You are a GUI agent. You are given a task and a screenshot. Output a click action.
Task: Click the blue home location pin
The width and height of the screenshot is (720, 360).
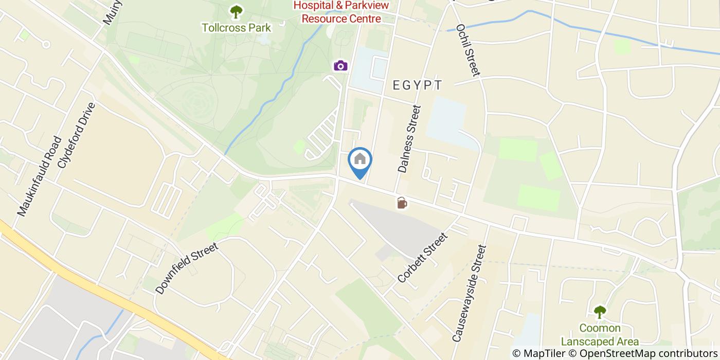pyautogui.click(x=360, y=160)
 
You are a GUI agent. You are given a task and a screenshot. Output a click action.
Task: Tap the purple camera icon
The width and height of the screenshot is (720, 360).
pyautogui.click(x=340, y=65)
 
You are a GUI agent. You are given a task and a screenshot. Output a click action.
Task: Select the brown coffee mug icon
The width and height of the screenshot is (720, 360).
pyautogui.click(x=402, y=203)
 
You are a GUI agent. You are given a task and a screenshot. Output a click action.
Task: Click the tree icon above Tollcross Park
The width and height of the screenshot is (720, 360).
pyautogui.click(x=236, y=11)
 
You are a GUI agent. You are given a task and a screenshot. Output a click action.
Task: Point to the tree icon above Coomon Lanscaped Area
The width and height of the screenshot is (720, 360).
pyautogui.click(x=600, y=312)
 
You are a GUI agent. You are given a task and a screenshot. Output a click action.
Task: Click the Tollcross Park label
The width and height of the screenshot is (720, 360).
pyautogui.click(x=236, y=27)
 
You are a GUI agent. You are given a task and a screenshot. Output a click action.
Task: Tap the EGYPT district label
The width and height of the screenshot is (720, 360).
pyautogui.click(x=417, y=85)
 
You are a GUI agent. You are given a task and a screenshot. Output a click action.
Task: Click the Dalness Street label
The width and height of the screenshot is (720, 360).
pyautogui.click(x=409, y=138)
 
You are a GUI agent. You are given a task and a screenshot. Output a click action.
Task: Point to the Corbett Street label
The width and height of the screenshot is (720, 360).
pyautogui.click(x=423, y=258)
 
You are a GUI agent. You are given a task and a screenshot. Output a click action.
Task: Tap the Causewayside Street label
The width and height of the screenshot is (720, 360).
pyautogui.click(x=469, y=294)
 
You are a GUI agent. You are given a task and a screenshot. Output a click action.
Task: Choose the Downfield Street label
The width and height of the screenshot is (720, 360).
pyautogui.click(x=187, y=268)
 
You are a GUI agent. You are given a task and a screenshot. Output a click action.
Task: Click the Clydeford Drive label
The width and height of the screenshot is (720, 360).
pyautogui.click(x=77, y=135)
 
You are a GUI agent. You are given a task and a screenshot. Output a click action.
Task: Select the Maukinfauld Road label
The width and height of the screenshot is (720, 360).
pyautogui.click(x=39, y=176)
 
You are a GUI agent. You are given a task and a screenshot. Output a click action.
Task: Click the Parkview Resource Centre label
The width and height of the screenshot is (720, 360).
pyautogui.click(x=341, y=19)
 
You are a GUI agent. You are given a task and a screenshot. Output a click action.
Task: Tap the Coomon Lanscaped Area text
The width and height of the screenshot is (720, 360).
pyautogui.click(x=600, y=335)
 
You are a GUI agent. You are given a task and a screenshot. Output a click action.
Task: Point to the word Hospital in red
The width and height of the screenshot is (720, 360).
pyautogui.click(x=313, y=6)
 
